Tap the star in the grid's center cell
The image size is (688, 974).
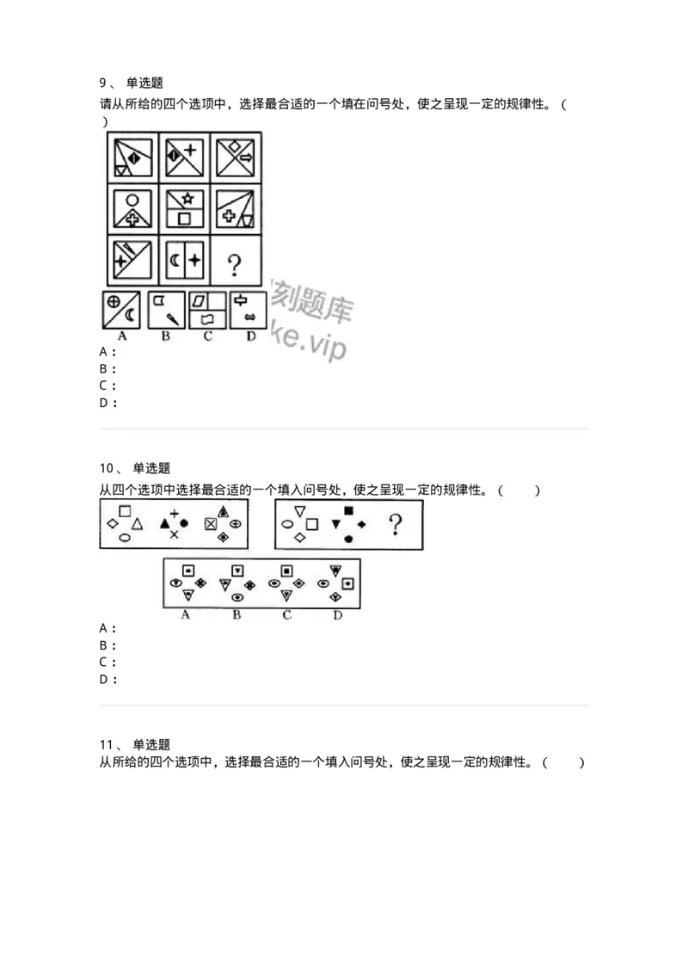pyautogui.click(x=184, y=198)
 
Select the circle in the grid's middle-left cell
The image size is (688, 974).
pyautogui.click(x=132, y=199)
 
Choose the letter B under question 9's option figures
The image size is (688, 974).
pyautogui.click(x=166, y=335)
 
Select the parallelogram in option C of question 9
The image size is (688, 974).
pyautogui.click(x=200, y=300)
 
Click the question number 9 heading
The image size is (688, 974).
pyautogui.click(x=102, y=83)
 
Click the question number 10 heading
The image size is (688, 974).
pyautogui.click(x=107, y=468)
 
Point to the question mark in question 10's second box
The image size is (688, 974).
pyautogui.click(x=396, y=524)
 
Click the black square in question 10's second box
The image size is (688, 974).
pyautogui.click(x=348, y=511)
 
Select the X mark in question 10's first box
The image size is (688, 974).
pyautogui.click(x=174, y=535)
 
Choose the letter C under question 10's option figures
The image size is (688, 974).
pyautogui.click(x=286, y=614)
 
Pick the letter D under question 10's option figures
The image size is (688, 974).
pyautogui.click(x=337, y=614)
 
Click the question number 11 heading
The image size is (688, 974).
pyautogui.click(x=107, y=744)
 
